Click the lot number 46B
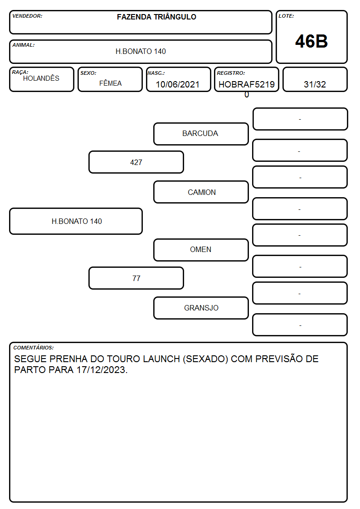tap(311, 41)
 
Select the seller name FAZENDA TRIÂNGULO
tap(156, 17)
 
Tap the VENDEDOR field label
tap(27, 16)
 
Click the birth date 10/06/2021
tap(178, 84)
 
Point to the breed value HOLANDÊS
tap(41, 78)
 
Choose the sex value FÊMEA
tap(110, 83)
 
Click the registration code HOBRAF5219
tap(247, 84)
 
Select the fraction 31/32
tap(315, 84)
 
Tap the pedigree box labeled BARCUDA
tap(201, 134)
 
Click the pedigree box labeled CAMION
tap(201, 192)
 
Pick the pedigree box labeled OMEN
tap(201, 250)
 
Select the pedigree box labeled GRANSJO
tap(201, 308)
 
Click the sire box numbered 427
tap(136, 162)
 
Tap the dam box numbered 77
tap(136, 278)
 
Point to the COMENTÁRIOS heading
tap(34, 348)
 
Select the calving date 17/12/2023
tap(102, 370)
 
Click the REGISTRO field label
tap(231, 73)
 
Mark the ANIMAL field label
tap(24, 45)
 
